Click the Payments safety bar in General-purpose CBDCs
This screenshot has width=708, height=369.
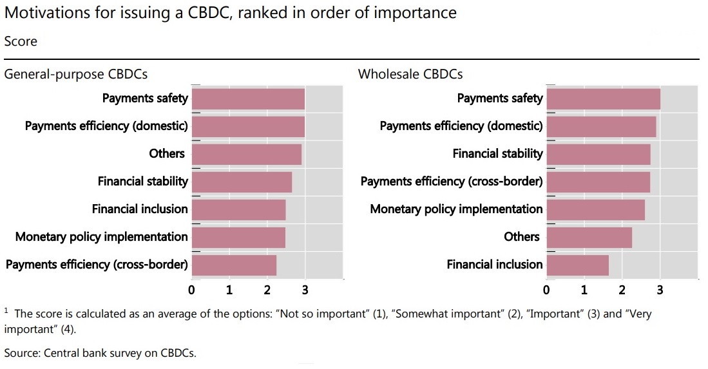[x=248, y=99]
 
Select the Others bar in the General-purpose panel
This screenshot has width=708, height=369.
[x=247, y=155]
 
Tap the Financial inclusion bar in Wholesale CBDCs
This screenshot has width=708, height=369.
[x=577, y=265]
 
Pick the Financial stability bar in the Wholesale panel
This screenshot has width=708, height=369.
[x=598, y=155]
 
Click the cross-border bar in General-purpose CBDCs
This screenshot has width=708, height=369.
[x=234, y=265]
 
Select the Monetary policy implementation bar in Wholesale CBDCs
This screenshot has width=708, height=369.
[x=595, y=210]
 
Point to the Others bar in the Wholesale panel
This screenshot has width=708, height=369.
[x=589, y=238]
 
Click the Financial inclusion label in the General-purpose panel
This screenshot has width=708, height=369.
[x=140, y=209]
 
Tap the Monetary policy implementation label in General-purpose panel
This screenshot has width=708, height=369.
[x=101, y=236]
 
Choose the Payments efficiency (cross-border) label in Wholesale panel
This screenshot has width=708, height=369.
[x=451, y=181]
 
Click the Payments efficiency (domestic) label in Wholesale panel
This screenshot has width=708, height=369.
[x=461, y=126]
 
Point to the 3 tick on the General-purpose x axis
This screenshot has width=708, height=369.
[x=305, y=290]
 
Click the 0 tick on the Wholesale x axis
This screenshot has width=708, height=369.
[x=546, y=290]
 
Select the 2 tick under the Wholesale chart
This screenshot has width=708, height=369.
[x=622, y=290]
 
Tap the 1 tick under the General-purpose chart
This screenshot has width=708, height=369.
[x=229, y=290]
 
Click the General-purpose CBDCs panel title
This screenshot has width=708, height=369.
[x=76, y=74]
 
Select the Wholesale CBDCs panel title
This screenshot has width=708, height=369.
[x=410, y=74]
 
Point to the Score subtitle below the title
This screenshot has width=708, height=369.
[x=21, y=41]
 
